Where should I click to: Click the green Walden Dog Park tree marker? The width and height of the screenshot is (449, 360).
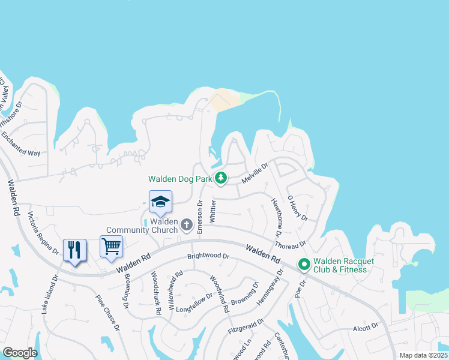click(x=221, y=178)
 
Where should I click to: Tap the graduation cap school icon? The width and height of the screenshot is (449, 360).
click(x=161, y=202)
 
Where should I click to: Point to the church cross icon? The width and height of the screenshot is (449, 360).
click(x=187, y=225)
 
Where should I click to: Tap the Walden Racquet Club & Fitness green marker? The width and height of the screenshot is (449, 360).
click(x=304, y=264)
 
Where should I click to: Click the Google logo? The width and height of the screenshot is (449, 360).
click(x=20, y=352)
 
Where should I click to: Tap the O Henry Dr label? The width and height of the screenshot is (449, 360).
click(x=297, y=208)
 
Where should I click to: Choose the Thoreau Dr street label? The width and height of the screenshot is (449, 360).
click(x=291, y=245)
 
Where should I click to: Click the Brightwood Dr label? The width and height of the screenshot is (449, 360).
click(x=208, y=256)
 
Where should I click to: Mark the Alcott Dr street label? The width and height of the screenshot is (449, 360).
click(x=366, y=326)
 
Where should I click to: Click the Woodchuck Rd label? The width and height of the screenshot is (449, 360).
click(x=156, y=293)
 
